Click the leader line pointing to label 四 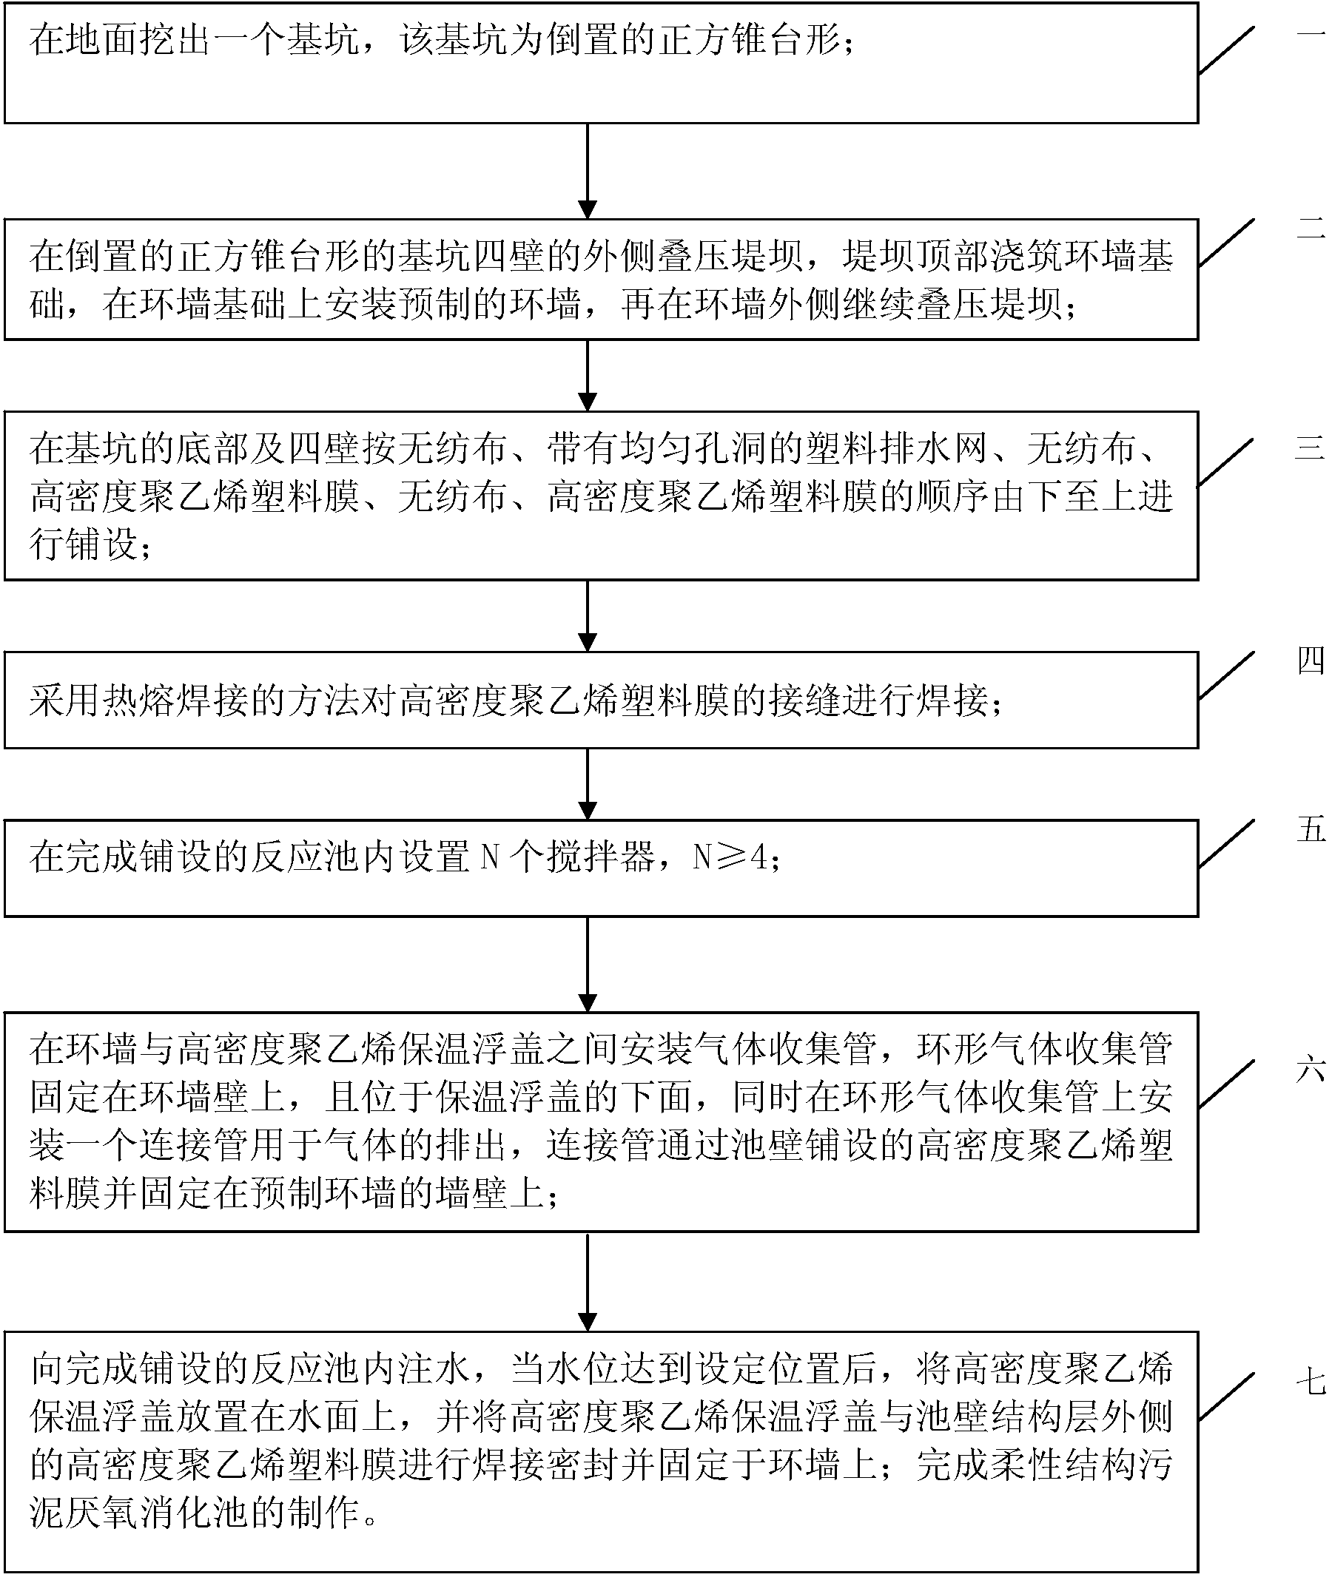click(1227, 675)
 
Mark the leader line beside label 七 click(1227, 1397)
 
